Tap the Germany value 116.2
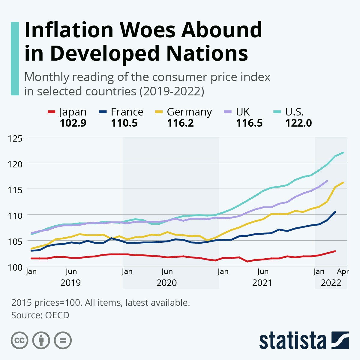click(180, 123)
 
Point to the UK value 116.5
click(249, 123)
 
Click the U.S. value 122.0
click(298, 123)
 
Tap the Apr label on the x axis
click(343, 271)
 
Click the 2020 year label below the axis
click(166, 283)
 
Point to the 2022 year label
click(331, 283)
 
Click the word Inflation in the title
click(69, 30)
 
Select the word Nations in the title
click(207, 53)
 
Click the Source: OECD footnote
click(40, 315)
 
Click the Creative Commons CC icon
click(19, 340)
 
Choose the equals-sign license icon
click(63, 340)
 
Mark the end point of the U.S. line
click(343, 152)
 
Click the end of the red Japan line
click(335, 251)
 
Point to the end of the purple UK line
click(327, 181)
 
